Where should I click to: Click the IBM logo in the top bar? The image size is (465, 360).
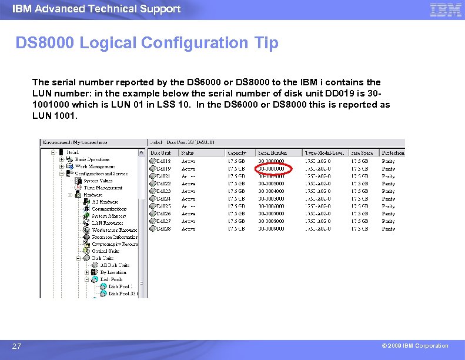[x=446, y=10]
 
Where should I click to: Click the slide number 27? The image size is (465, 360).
[x=17, y=346]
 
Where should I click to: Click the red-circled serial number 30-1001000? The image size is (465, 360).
[x=271, y=168]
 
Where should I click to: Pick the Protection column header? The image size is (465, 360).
[x=392, y=153]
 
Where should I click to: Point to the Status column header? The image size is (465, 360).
[x=189, y=153]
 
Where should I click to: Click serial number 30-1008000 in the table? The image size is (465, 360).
[x=271, y=221]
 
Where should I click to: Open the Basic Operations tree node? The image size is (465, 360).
[x=92, y=159]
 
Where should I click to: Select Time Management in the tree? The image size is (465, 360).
[x=103, y=188]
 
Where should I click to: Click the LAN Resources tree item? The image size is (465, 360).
[x=108, y=223]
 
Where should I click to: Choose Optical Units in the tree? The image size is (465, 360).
[x=106, y=251]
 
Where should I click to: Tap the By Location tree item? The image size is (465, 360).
[x=113, y=272]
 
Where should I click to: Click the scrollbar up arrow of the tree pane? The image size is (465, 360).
[x=141, y=152]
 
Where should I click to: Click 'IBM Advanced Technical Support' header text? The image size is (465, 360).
[x=96, y=9]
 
